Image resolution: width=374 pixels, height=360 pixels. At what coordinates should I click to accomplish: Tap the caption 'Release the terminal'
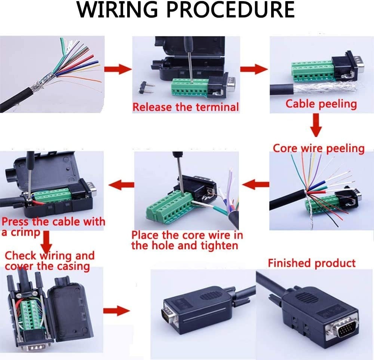coord(186,107)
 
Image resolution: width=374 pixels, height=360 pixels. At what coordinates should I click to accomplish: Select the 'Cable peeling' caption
coord(321,104)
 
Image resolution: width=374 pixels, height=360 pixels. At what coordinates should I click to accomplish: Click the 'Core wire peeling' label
coord(319,148)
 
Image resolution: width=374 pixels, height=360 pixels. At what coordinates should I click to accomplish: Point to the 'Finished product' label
coord(312,263)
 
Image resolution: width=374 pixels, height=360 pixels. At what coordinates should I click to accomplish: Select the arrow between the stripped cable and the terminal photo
coord(117,69)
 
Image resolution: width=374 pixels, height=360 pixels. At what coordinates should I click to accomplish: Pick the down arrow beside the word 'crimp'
coord(46,242)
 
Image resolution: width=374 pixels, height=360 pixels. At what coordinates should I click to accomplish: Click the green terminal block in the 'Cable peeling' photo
coord(310,72)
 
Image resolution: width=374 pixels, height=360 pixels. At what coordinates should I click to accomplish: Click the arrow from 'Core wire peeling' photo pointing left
coord(255,184)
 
